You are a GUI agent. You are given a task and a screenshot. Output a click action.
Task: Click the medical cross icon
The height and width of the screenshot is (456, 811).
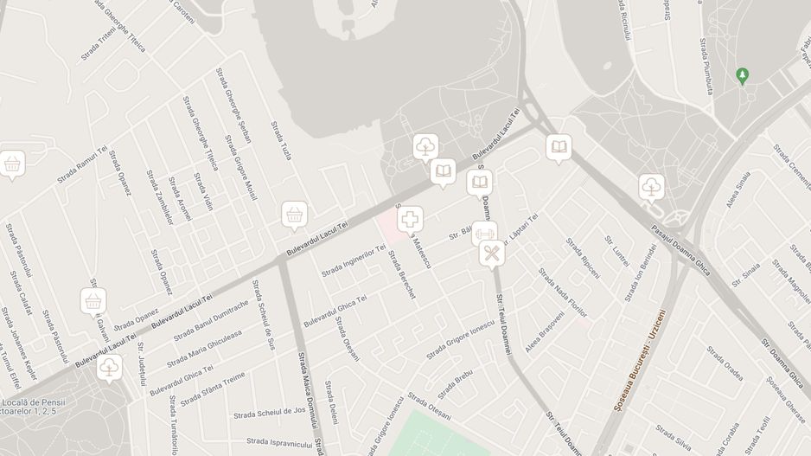click(410, 220)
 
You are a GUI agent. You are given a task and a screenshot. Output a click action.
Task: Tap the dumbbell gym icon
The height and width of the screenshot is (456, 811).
click(484, 233)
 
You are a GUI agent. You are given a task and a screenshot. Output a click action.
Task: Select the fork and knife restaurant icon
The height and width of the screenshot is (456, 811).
click(492, 254)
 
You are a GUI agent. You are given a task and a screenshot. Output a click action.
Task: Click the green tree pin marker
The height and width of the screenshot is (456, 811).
click(742, 76)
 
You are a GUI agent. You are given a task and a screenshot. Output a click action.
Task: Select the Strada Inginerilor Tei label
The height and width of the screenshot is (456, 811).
click(354, 260)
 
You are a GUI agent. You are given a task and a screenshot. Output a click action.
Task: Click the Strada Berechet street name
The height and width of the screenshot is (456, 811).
click(401, 275)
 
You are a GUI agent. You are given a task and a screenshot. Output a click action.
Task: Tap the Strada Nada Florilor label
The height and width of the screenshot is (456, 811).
click(563, 292)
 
